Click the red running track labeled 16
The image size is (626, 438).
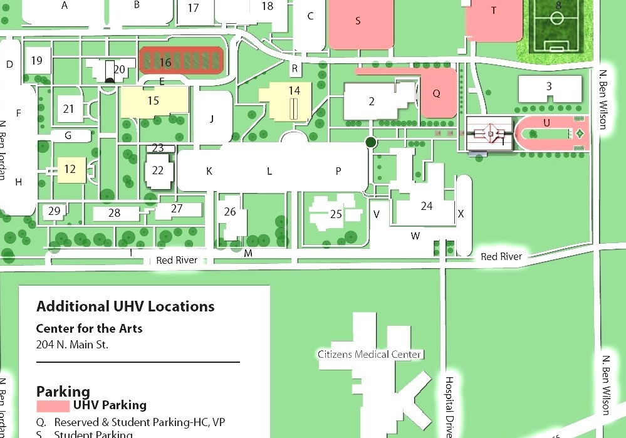tap(180, 61)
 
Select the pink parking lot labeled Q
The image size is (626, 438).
tap(437, 94)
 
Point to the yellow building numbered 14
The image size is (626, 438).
tap(287, 100)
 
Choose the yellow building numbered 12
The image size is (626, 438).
tap(70, 169)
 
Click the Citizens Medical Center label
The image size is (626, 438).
tap(369, 355)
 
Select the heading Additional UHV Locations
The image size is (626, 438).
tap(125, 306)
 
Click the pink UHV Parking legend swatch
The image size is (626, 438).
tap(53, 406)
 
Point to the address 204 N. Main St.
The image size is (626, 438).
tap(72, 344)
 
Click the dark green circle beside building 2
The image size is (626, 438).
tap(370, 142)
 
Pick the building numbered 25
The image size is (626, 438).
tap(336, 214)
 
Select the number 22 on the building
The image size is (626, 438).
tap(158, 170)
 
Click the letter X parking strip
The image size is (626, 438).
tap(462, 214)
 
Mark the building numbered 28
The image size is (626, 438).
tap(114, 213)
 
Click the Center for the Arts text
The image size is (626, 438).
tap(89, 328)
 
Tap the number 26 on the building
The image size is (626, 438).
tap(230, 212)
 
